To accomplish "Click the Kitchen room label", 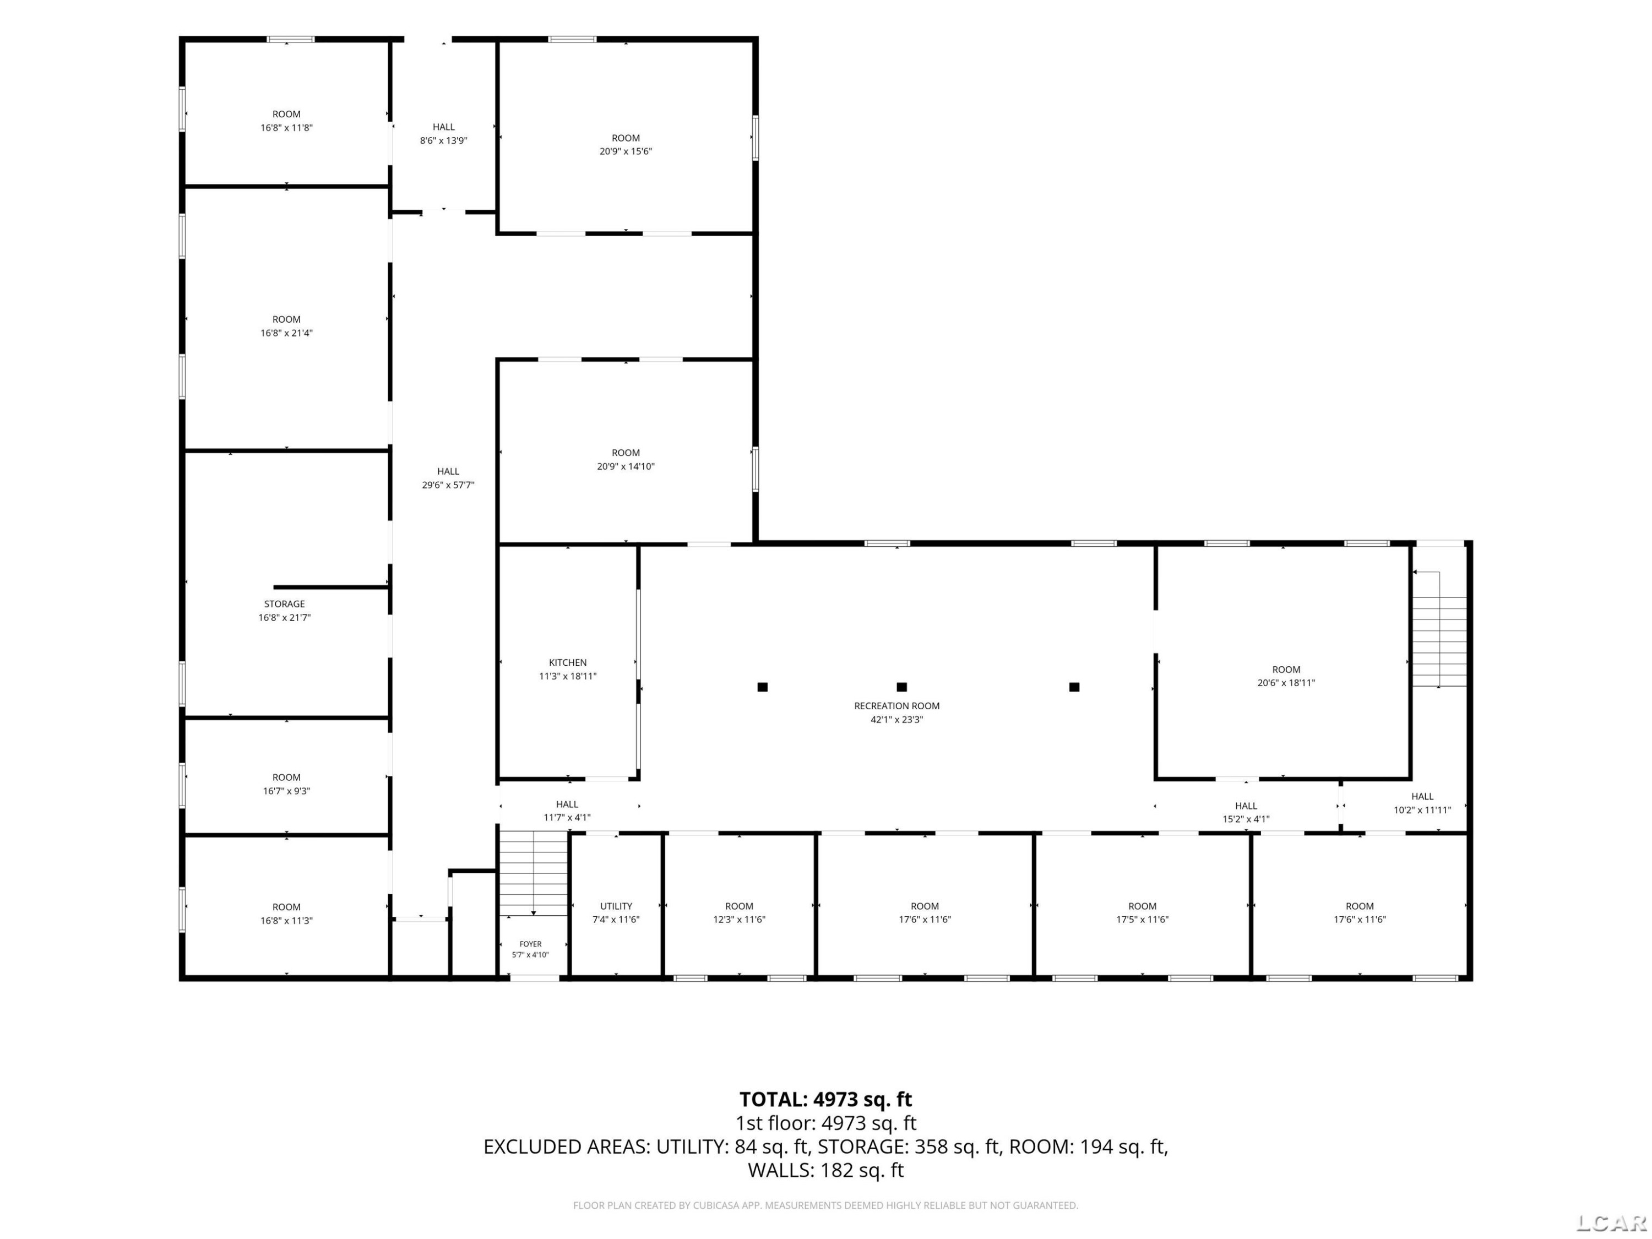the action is pyautogui.click(x=568, y=662).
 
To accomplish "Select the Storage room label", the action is pyautogui.click(x=285, y=604).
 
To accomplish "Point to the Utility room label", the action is pyautogui.click(x=616, y=906).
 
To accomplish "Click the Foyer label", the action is pyautogui.click(x=530, y=944).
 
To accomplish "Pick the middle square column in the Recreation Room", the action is pyautogui.click(x=901, y=687).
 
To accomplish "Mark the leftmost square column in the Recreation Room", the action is pyautogui.click(x=763, y=687).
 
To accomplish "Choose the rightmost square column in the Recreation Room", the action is pyautogui.click(x=1074, y=687).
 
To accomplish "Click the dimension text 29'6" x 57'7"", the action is pyautogui.click(x=448, y=485).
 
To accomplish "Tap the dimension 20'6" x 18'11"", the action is pyautogui.click(x=1286, y=683).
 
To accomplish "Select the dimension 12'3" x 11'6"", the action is pyautogui.click(x=740, y=920).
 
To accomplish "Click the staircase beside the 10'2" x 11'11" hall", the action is pyautogui.click(x=1439, y=641).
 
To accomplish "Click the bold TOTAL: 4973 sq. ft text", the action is pyautogui.click(x=825, y=1099).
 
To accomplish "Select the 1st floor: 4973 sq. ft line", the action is pyautogui.click(x=825, y=1123).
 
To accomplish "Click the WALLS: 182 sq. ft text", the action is pyautogui.click(x=825, y=1170).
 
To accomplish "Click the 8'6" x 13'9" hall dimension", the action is pyautogui.click(x=444, y=140).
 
